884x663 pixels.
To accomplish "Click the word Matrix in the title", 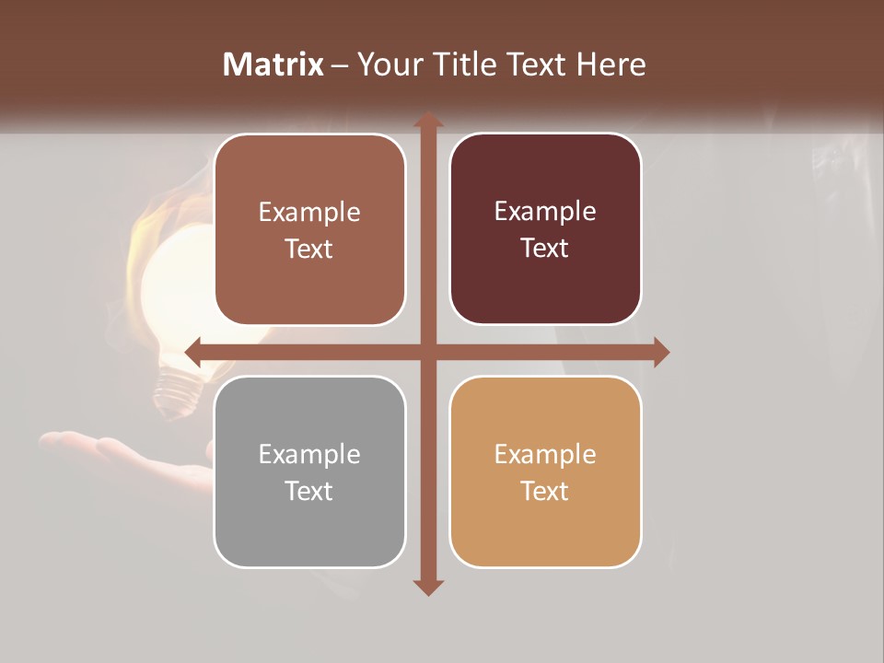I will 273,64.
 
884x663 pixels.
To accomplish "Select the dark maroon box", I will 545,228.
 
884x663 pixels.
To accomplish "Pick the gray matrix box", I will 309,471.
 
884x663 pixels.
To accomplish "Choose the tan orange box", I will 545,471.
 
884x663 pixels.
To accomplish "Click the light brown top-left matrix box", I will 309,228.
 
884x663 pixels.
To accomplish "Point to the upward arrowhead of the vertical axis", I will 427,121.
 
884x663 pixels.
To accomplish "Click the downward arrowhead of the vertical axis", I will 427,587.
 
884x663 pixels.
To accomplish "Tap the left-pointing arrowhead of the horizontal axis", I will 193,352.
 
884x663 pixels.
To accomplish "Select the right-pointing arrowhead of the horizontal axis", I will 661,352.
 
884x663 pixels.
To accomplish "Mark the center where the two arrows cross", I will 427,352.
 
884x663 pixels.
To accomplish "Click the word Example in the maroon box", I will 545,211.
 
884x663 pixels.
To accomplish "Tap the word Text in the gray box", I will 309,491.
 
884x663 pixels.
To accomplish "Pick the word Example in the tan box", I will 545,454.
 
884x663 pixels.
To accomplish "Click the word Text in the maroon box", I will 545,248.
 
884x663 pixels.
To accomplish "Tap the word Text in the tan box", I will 545,491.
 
